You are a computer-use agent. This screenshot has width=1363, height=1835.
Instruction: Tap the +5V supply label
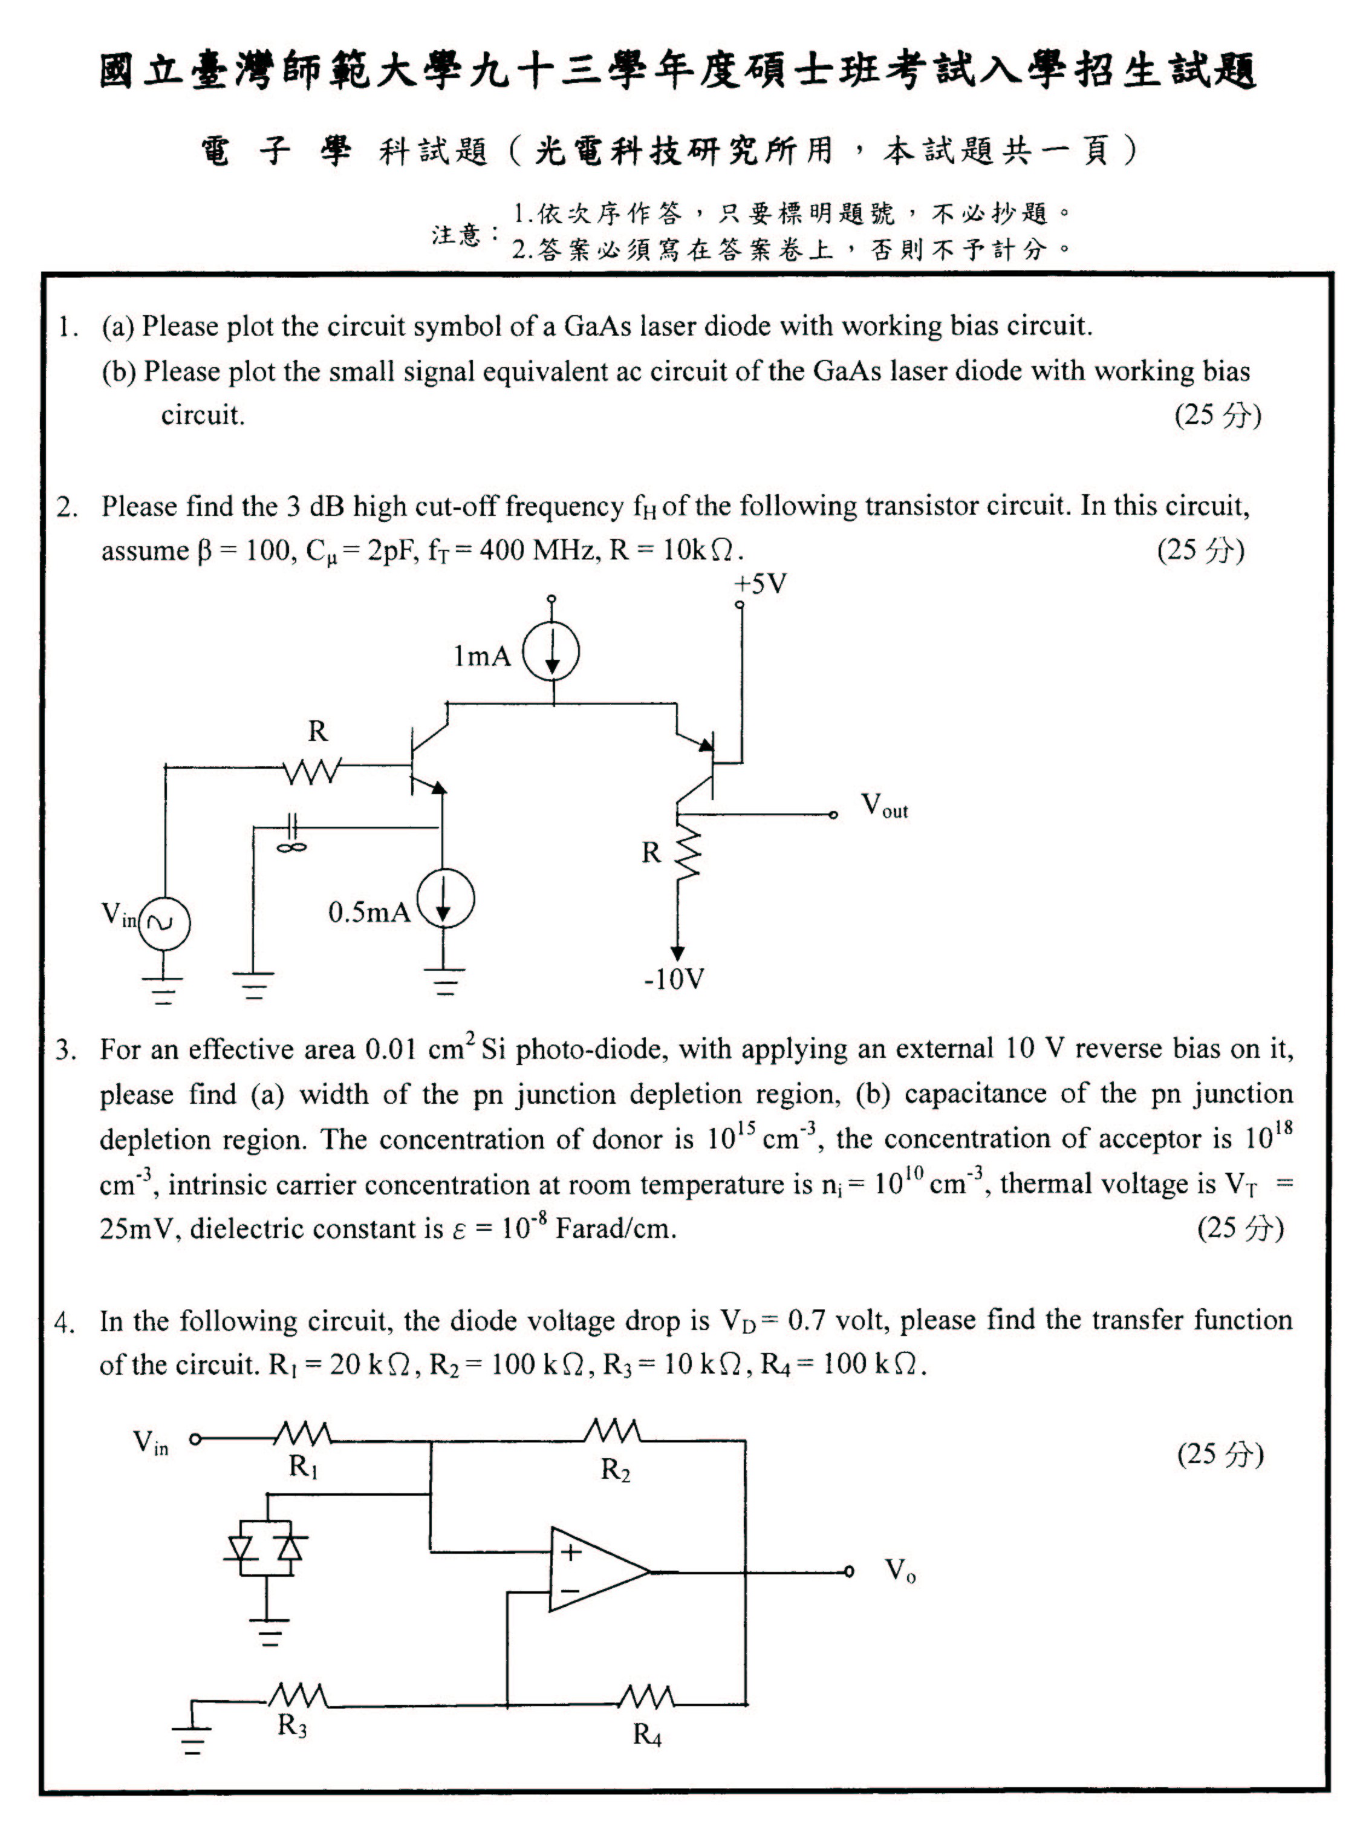[760, 585]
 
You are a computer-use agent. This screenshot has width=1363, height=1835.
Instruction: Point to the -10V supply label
[674, 979]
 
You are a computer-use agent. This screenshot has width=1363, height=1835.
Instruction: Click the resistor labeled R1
[302, 1434]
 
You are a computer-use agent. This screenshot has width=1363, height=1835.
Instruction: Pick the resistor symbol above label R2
[612, 1432]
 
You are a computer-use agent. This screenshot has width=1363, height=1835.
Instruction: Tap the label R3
[292, 1726]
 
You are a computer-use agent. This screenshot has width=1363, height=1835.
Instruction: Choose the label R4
[648, 1735]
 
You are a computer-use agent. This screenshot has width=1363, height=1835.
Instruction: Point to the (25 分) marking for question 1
[1218, 415]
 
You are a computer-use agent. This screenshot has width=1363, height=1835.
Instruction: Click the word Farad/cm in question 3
[616, 1228]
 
